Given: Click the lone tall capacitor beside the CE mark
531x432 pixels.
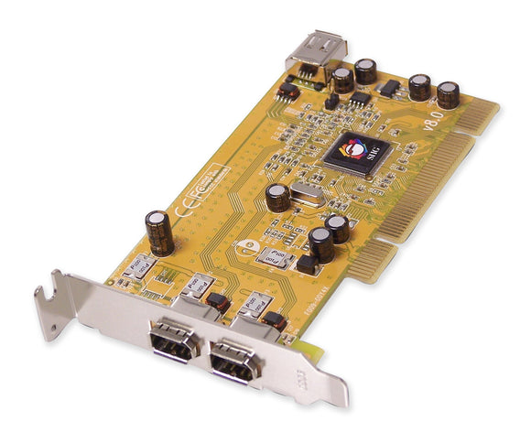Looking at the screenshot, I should pyautogui.click(x=159, y=232).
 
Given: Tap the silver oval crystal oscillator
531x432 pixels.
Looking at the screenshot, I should pyautogui.click(x=303, y=193).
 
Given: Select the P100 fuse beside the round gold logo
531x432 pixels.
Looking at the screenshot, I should pyautogui.click(x=272, y=257).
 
